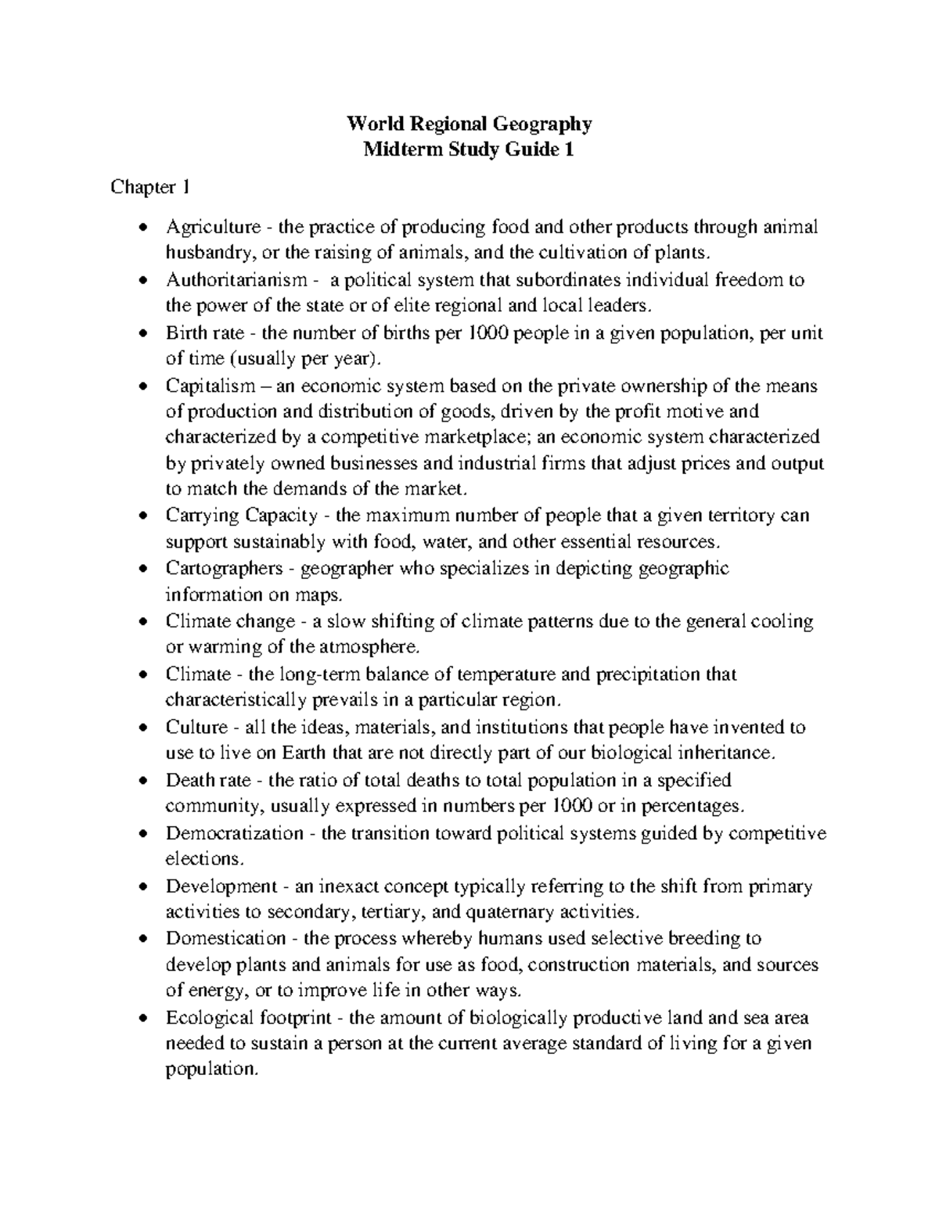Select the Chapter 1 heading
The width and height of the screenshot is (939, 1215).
149,187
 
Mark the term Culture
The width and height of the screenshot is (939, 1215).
196,728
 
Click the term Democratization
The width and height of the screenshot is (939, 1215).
234,834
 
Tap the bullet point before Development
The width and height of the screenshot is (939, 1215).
142,887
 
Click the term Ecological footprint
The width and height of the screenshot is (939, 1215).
246,1019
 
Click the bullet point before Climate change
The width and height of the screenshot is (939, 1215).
142,622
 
